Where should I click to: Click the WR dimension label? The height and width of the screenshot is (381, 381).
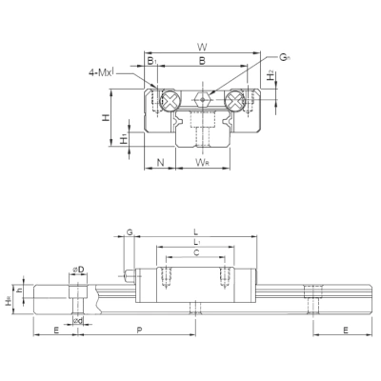tap(201, 163)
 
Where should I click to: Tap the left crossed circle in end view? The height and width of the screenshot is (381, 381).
tap(169, 97)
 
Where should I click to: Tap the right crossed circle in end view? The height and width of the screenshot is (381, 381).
tap(232, 97)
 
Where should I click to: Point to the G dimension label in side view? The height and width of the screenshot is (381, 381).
tap(130, 231)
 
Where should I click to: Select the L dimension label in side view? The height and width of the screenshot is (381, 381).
tap(195, 231)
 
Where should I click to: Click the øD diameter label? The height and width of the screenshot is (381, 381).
tap(79, 271)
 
